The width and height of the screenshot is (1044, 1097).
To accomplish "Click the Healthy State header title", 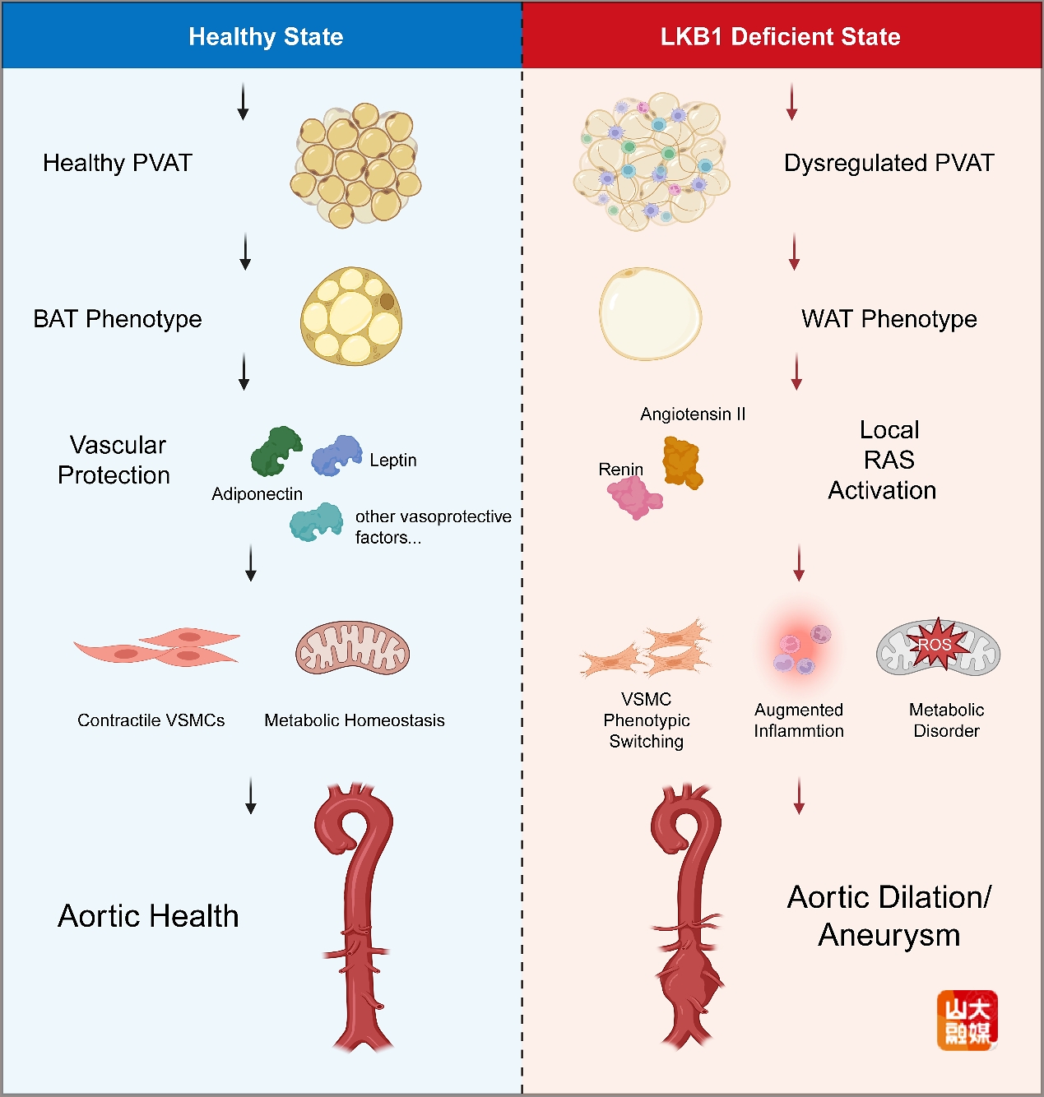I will click(266, 37).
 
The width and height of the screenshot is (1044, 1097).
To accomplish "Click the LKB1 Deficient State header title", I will click(780, 37).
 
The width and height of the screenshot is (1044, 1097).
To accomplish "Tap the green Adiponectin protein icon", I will click(276, 451).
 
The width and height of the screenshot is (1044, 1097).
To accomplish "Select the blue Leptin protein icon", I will click(336, 456).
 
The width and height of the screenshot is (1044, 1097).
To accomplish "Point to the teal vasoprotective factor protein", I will click(316, 521).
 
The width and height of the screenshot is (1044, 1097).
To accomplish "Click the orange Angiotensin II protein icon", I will click(682, 462).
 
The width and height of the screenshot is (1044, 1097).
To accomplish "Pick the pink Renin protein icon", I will click(633, 497).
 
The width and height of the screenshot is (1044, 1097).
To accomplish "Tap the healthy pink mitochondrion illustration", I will click(352, 648).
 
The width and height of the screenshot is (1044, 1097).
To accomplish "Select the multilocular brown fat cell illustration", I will click(351, 316).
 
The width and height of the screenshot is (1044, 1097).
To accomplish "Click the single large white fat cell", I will click(650, 313).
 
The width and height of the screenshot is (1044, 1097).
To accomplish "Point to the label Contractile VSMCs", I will click(151, 720).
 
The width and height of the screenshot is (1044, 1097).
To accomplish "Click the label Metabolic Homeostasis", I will click(354, 720).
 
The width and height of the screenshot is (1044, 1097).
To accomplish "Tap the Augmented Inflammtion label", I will click(799, 720).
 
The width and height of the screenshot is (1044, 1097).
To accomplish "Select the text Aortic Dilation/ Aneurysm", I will click(889, 916).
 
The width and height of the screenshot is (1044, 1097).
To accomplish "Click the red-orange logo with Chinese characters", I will click(967, 1020).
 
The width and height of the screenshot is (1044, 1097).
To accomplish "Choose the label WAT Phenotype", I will click(889, 319).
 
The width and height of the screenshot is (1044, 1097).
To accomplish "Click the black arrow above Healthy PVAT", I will click(243, 101).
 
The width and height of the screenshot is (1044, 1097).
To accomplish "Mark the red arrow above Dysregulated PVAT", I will click(791, 101).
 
